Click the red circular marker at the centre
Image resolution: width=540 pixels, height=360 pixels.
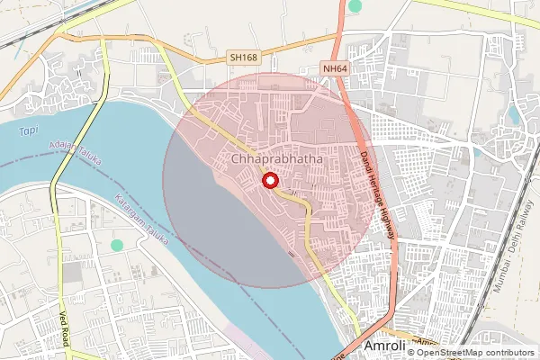point(268,182)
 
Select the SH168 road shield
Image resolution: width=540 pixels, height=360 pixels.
point(242,57)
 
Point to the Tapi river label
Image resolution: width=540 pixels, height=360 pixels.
point(29,132)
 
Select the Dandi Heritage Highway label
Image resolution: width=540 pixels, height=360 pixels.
point(379,194)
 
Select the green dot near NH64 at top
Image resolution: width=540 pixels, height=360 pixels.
point(355,6)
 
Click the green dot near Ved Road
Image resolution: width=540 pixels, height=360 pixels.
point(116,245)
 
